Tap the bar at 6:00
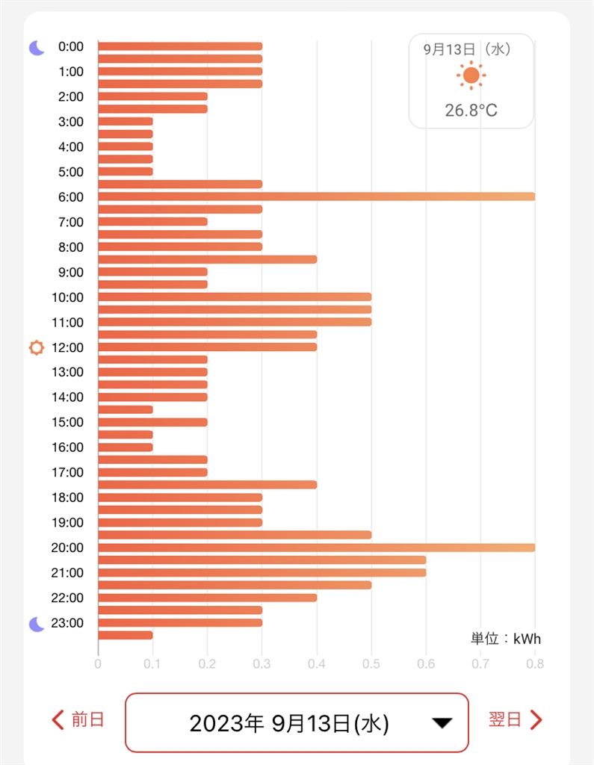[x=316, y=196]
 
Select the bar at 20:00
[x=316, y=547]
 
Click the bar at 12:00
[x=207, y=347]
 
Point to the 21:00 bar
[x=262, y=572]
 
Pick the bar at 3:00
[x=126, y=121]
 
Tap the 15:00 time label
[x=67, y=422]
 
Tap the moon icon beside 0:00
[x=37, y=48]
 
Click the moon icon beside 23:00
[x=37, y=624]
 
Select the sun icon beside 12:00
[x=36, y=347]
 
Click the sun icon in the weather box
[x=471, y=75]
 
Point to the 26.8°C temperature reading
[x=471, y=111]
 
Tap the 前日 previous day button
[x=78, y=719]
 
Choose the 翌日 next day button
[x=515, y=719]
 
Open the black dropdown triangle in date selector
[x=442, y=723]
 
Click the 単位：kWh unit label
[x=505, y=639]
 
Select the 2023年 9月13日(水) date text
[x=289, y=723]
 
